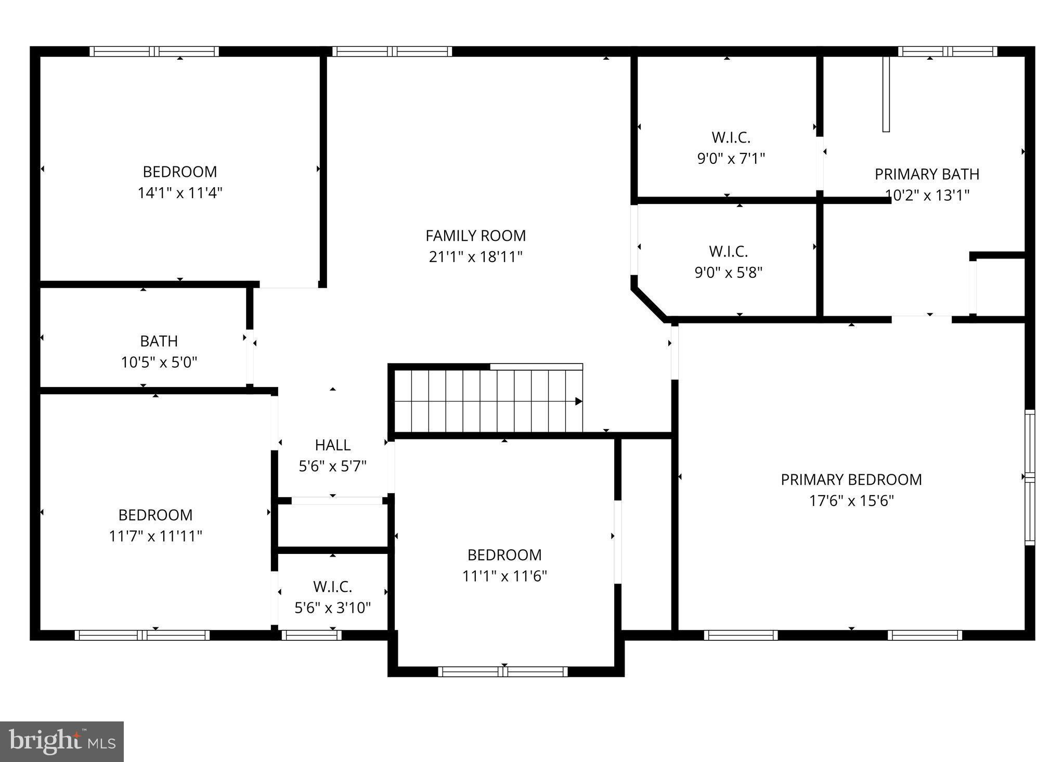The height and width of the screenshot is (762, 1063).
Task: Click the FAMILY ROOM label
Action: [475, 236]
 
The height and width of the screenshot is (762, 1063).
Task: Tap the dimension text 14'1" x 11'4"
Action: [180, 193]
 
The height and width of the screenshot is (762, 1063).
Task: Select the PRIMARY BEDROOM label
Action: [851, 480]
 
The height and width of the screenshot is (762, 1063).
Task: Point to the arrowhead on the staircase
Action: [578, 402]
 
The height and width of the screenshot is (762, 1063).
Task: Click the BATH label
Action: [159, 341]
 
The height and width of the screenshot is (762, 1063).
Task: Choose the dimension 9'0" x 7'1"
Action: [731, 158]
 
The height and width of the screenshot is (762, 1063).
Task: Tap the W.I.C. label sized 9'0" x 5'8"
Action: [728, 252]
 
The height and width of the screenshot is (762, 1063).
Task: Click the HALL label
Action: [332, 445]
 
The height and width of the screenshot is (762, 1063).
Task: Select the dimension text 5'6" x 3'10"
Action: [332, 608]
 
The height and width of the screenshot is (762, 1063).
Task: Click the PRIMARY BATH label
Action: [927, 174]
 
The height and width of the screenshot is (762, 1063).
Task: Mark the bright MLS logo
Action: [62, 741]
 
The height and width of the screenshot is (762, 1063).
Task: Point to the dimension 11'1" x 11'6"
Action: [504, 576]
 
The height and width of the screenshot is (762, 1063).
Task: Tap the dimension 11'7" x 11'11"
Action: [155, 536]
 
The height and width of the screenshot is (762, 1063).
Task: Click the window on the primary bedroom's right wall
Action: [1029, 477]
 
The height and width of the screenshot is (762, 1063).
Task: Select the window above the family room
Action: [392, 51]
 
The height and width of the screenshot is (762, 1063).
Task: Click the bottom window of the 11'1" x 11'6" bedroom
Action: [503, 671]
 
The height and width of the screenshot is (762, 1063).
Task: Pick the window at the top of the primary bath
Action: [947, 51]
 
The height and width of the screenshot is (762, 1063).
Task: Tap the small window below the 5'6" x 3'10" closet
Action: [312, 635]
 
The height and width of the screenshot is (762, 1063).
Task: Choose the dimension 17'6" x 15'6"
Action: [851, 501]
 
